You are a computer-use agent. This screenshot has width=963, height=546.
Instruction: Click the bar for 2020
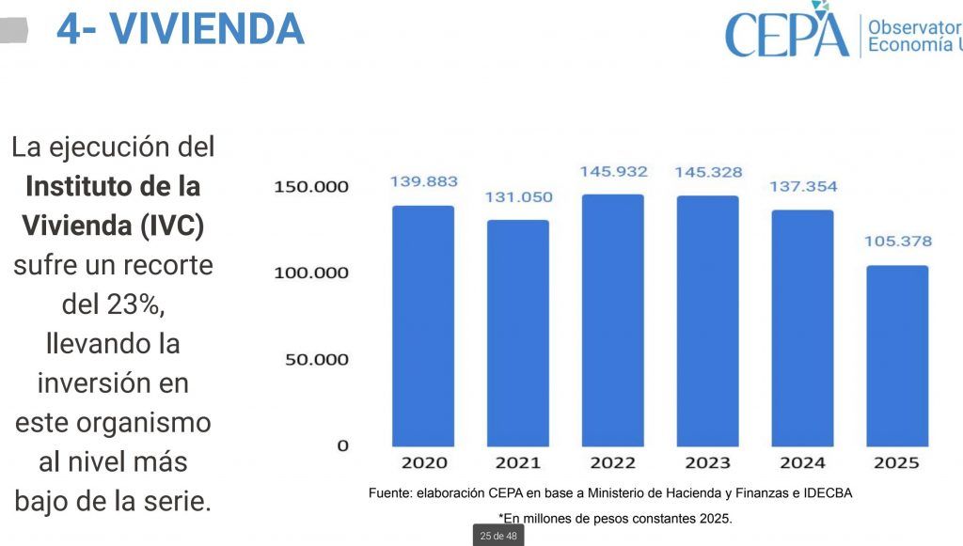[423, 326]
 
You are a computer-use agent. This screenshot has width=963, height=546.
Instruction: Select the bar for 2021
[517, 334]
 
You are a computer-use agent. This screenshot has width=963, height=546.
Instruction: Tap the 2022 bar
[612, 320]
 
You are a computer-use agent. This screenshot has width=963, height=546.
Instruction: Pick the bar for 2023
[707, 321]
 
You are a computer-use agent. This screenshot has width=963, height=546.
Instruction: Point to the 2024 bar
[802, 328]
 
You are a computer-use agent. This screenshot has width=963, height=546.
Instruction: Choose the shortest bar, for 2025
[896, 356]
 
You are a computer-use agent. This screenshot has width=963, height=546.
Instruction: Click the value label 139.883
[423, 181]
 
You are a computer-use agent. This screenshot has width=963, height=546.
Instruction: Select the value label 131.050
[518, 197]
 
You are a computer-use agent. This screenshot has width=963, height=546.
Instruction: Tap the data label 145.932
[613, 172]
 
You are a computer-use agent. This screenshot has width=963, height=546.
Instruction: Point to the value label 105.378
[898, 242]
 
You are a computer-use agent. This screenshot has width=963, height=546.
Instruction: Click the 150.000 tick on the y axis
[311, 187]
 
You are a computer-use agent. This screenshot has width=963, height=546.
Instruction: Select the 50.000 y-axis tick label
[317, 360]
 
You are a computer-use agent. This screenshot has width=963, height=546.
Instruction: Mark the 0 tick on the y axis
[342, 445]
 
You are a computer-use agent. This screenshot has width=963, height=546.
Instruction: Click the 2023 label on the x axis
[707, 462]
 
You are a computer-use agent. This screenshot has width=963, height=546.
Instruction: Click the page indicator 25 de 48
[497, 536]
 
